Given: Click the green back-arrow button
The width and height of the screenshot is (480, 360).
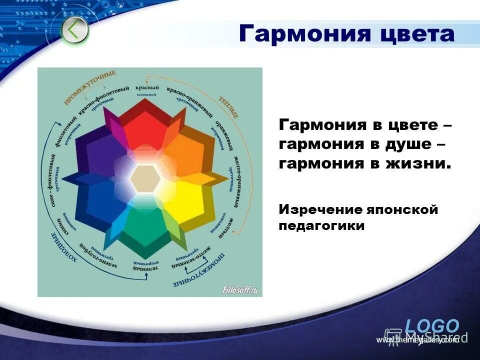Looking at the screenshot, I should pyautogui.click(x=75, y=30).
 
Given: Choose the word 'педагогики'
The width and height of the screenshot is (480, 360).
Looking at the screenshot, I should pyautogui.click(x=321, y=226).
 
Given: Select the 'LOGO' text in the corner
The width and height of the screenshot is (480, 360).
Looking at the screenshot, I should pyautogui.click(x=432, y=326).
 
